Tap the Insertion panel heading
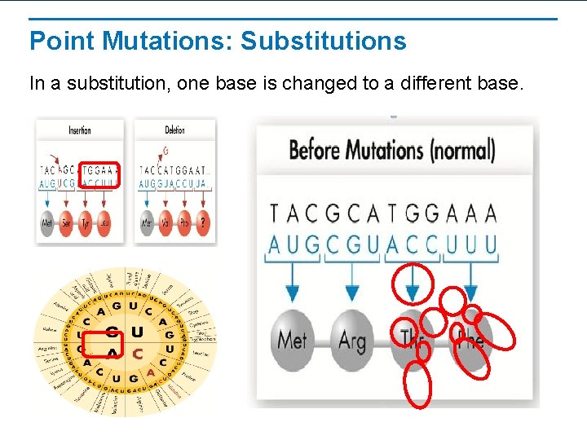click(x=80, y=130)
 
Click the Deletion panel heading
click(x=174, y=130)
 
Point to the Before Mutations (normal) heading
click(x=391, y=151)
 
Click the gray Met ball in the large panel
click(x=292, y=338)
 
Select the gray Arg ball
click(x=352, y=338)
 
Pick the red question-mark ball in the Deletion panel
click(x=203, y=222)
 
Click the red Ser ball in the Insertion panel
click(x=66, y=222)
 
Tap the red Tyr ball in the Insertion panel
click(x=86, y=222)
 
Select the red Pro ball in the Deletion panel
click(x=184, y=222)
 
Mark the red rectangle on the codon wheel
click(x=104, y=344)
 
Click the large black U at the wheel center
click(x=137, y=332)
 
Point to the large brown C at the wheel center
click(x=137, y=354)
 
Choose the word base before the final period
click(x=494, y=83)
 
